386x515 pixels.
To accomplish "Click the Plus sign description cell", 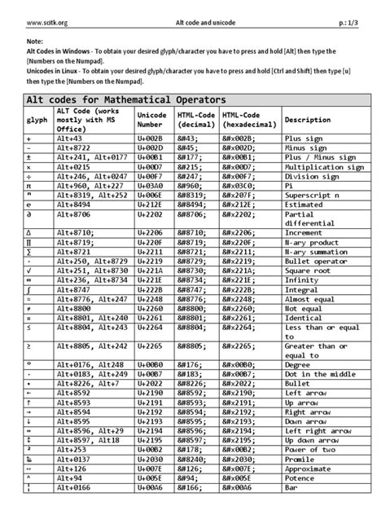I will [302, 140].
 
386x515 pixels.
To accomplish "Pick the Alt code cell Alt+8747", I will [75, 312].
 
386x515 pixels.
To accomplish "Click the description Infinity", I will [300, 302].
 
